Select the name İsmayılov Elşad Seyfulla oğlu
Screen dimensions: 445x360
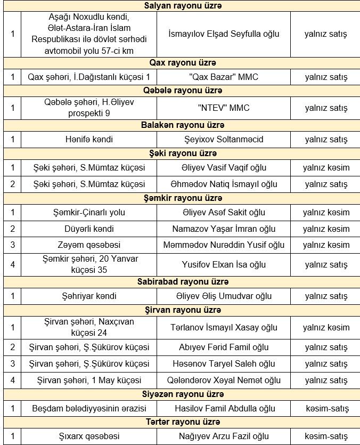[223, 34]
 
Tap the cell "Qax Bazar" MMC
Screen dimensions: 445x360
[223, 77]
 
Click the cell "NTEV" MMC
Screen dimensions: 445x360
[223, 108]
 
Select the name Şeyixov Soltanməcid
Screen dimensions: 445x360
[223, 139]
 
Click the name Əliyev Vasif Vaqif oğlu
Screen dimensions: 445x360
[223, 167]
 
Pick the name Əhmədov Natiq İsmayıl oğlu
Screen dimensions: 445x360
[223, 184]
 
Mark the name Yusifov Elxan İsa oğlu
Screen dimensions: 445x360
[223, 264]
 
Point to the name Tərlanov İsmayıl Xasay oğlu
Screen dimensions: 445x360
[223, 327]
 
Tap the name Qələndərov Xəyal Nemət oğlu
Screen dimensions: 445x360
[223, 381]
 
